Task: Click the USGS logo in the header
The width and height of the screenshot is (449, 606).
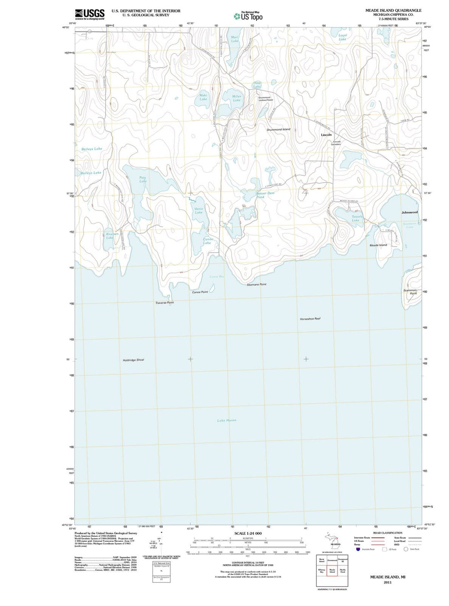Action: [x=89, y=15]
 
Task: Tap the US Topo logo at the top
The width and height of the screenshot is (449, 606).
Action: [x=248, y=16]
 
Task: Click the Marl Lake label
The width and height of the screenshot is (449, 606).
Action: [x=235, y=39]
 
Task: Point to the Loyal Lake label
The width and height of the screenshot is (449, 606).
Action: [x=343, y=37]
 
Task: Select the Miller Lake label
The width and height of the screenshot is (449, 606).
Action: [x=237, y=98]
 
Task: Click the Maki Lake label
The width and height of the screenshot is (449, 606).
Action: [x=203, y=97]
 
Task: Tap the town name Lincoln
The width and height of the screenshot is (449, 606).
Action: [x=326, y=135]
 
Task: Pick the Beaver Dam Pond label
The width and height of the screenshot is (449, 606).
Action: [x=265, y=195]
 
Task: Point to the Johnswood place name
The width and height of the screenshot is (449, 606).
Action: [x=410, y=212]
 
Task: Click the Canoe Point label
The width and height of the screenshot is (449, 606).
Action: [x=200, y=292]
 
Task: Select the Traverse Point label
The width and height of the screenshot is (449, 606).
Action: [x=165, y=303]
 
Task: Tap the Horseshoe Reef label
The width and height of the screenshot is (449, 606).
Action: [x=310, y=319]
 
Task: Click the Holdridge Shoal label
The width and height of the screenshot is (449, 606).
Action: [x=133, y=360]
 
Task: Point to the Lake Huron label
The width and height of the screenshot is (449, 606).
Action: [x=227, y=420]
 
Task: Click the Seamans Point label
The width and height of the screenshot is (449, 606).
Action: [x=257, y=285]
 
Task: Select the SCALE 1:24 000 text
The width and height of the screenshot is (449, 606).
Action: [x=248, y=534]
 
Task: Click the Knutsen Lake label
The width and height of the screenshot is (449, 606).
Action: [x=110, y=236]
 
